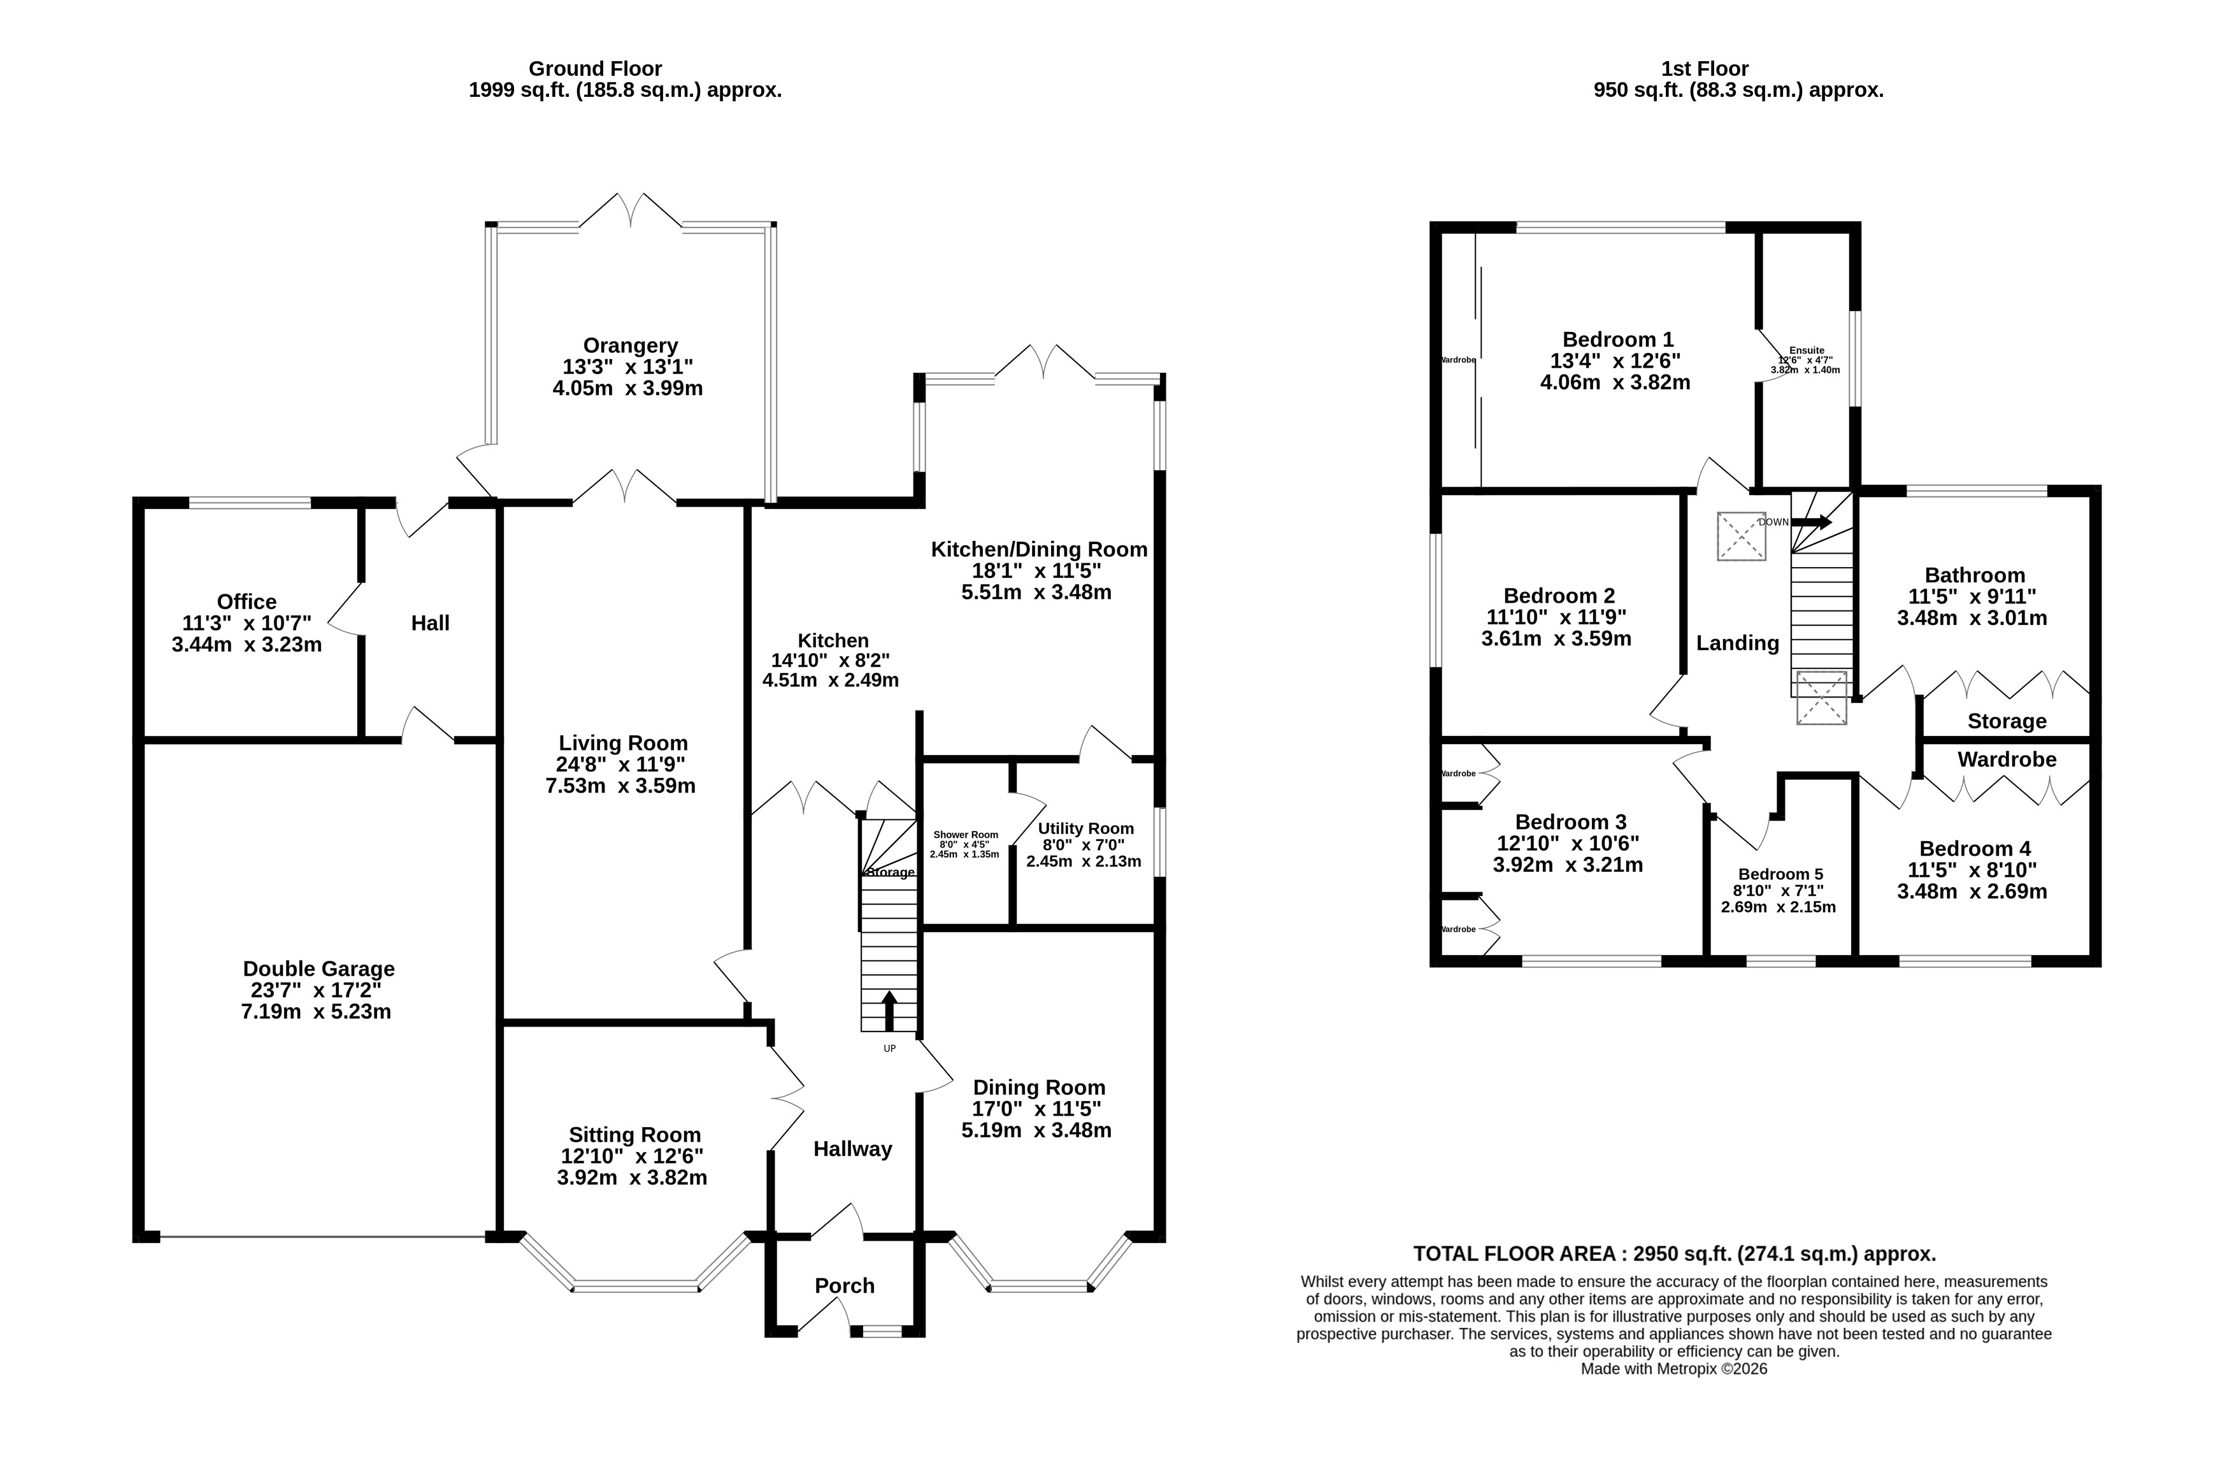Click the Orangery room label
(x=630, y=345)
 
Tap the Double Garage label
(x=319, y=969)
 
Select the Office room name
(x=247, y=602)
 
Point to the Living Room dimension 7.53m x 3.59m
(x=620, y=786)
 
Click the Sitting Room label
(x=634, y=1135)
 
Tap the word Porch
(x=845, y=1286)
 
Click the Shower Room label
(x=966, y=835)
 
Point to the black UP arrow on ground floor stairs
(x=889, y=1012)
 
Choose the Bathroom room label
(x=1975, y=575)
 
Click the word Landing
(x=1738, y=643)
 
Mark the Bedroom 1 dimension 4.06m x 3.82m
(x=1615, y=383)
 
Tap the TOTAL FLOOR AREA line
(x=1675, y=1254)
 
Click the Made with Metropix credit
(x=1673, y=1369)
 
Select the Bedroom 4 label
(x=1975, y=849)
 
